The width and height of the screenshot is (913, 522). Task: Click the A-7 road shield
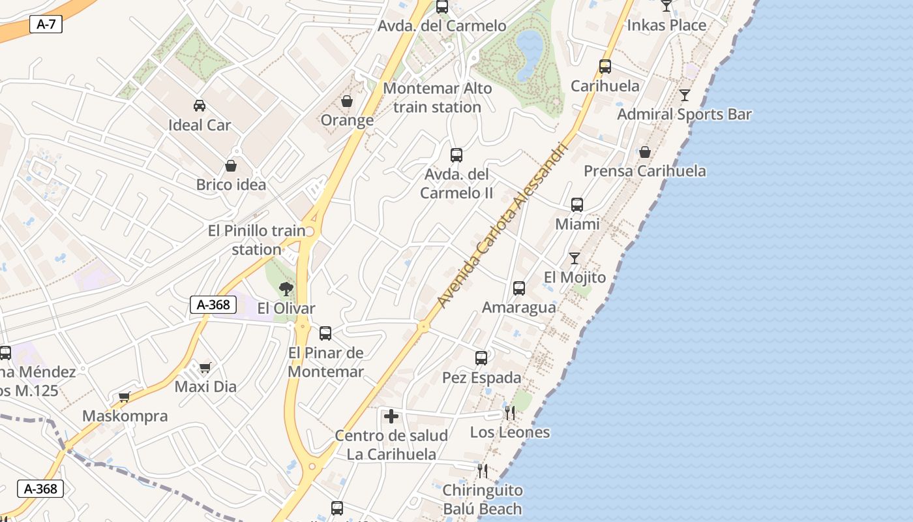coord(46,25)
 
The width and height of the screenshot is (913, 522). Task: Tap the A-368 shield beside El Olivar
coord(213,304)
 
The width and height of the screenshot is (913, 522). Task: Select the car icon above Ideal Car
coord(200,105)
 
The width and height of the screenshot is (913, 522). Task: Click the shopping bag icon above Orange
coord(347,101)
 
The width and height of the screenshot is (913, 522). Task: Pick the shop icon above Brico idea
coord(231,166)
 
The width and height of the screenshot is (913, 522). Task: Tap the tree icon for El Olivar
coord(286,288)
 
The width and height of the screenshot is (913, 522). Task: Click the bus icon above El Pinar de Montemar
coord(325,333)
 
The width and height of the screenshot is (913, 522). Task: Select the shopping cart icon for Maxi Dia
coord(205,367)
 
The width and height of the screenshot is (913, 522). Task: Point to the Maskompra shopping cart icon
coord(125,397)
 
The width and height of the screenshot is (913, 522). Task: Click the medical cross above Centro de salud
coord(391,416)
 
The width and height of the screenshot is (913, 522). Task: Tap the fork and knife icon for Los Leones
coord(509,412)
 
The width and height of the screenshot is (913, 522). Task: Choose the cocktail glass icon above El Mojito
coord(575,258)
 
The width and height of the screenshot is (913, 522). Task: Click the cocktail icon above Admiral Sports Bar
coord(684,95)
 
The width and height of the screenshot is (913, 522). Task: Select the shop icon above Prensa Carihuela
coord(644,152)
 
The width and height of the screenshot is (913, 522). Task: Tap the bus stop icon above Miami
coord(577,205)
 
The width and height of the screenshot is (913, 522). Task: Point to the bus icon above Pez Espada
coord(481,358)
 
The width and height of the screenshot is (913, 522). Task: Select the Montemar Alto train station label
coord(438,97)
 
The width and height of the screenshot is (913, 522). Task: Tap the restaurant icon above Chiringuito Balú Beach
coord(483,470)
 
